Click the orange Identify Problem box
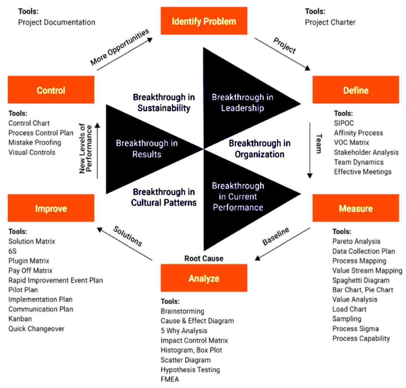pos(204,21)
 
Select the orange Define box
pos(355,90)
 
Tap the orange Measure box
pos(355,208)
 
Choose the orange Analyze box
pos(204,278)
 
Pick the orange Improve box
pos(51,208)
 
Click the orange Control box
pos(51,90)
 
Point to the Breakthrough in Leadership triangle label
pos(237,102)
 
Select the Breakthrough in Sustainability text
pos(163,102)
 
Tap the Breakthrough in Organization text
pos(259,149)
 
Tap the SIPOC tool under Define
pos(344,123)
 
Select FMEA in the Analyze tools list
pos(170,379)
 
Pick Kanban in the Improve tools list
pos(20,319)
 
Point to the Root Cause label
pos(204,258)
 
